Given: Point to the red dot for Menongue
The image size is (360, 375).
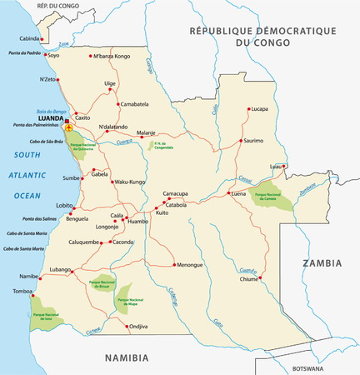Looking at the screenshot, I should [173, 265].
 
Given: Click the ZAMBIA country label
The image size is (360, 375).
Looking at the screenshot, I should [322, 262].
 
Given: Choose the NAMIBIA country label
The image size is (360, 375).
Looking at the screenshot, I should [126, 357].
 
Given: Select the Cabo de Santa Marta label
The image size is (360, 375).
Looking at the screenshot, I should [25, 248].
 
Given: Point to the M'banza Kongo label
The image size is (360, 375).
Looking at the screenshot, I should [112, 56].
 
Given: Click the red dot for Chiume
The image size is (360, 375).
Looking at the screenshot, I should [260, 277].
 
